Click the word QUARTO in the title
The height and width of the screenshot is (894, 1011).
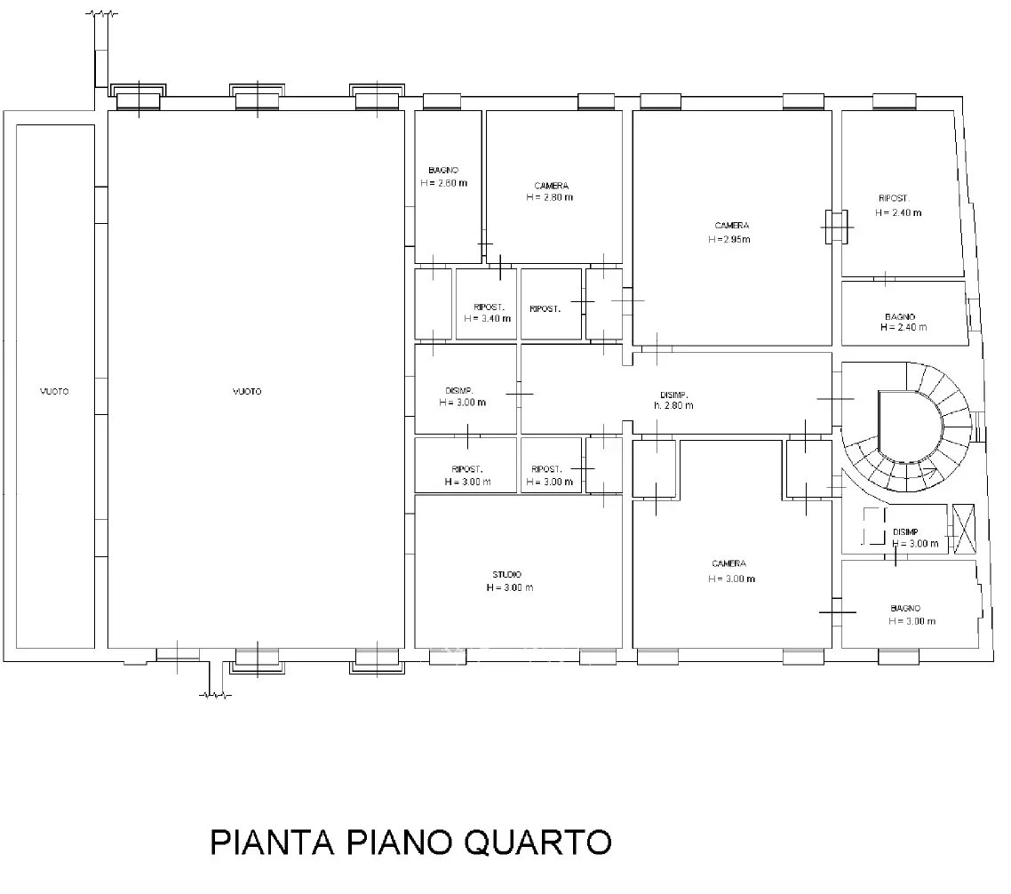click(537, 843)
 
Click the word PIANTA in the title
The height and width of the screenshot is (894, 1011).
click(272, 842)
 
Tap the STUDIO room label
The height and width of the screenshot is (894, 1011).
click(506, 574)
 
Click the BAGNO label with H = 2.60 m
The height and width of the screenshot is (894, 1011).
click(443, 171)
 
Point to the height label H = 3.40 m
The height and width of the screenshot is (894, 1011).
click(488, 319)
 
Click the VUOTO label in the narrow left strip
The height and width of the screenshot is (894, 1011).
click(54, 392)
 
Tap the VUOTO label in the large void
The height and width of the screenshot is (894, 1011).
click(247, 392)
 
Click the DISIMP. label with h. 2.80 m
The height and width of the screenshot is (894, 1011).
click(673, 395)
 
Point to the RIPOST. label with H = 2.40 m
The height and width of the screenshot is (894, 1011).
click(894, 199)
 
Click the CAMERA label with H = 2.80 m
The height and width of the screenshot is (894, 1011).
click(552, 186)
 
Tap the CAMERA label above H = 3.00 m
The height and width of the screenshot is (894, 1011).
click(728, 563)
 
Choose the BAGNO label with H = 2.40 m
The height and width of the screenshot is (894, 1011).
click(900, 316)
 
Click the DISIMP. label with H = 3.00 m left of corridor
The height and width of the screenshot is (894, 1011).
click(459, 391)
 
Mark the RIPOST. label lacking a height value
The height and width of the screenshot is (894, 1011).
click(545, 309)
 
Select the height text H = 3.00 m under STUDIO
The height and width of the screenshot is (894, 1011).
click(510, 587)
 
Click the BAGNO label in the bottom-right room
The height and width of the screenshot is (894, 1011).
click(905, 608)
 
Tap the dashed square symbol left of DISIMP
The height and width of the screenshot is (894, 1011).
click(874, 526)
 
